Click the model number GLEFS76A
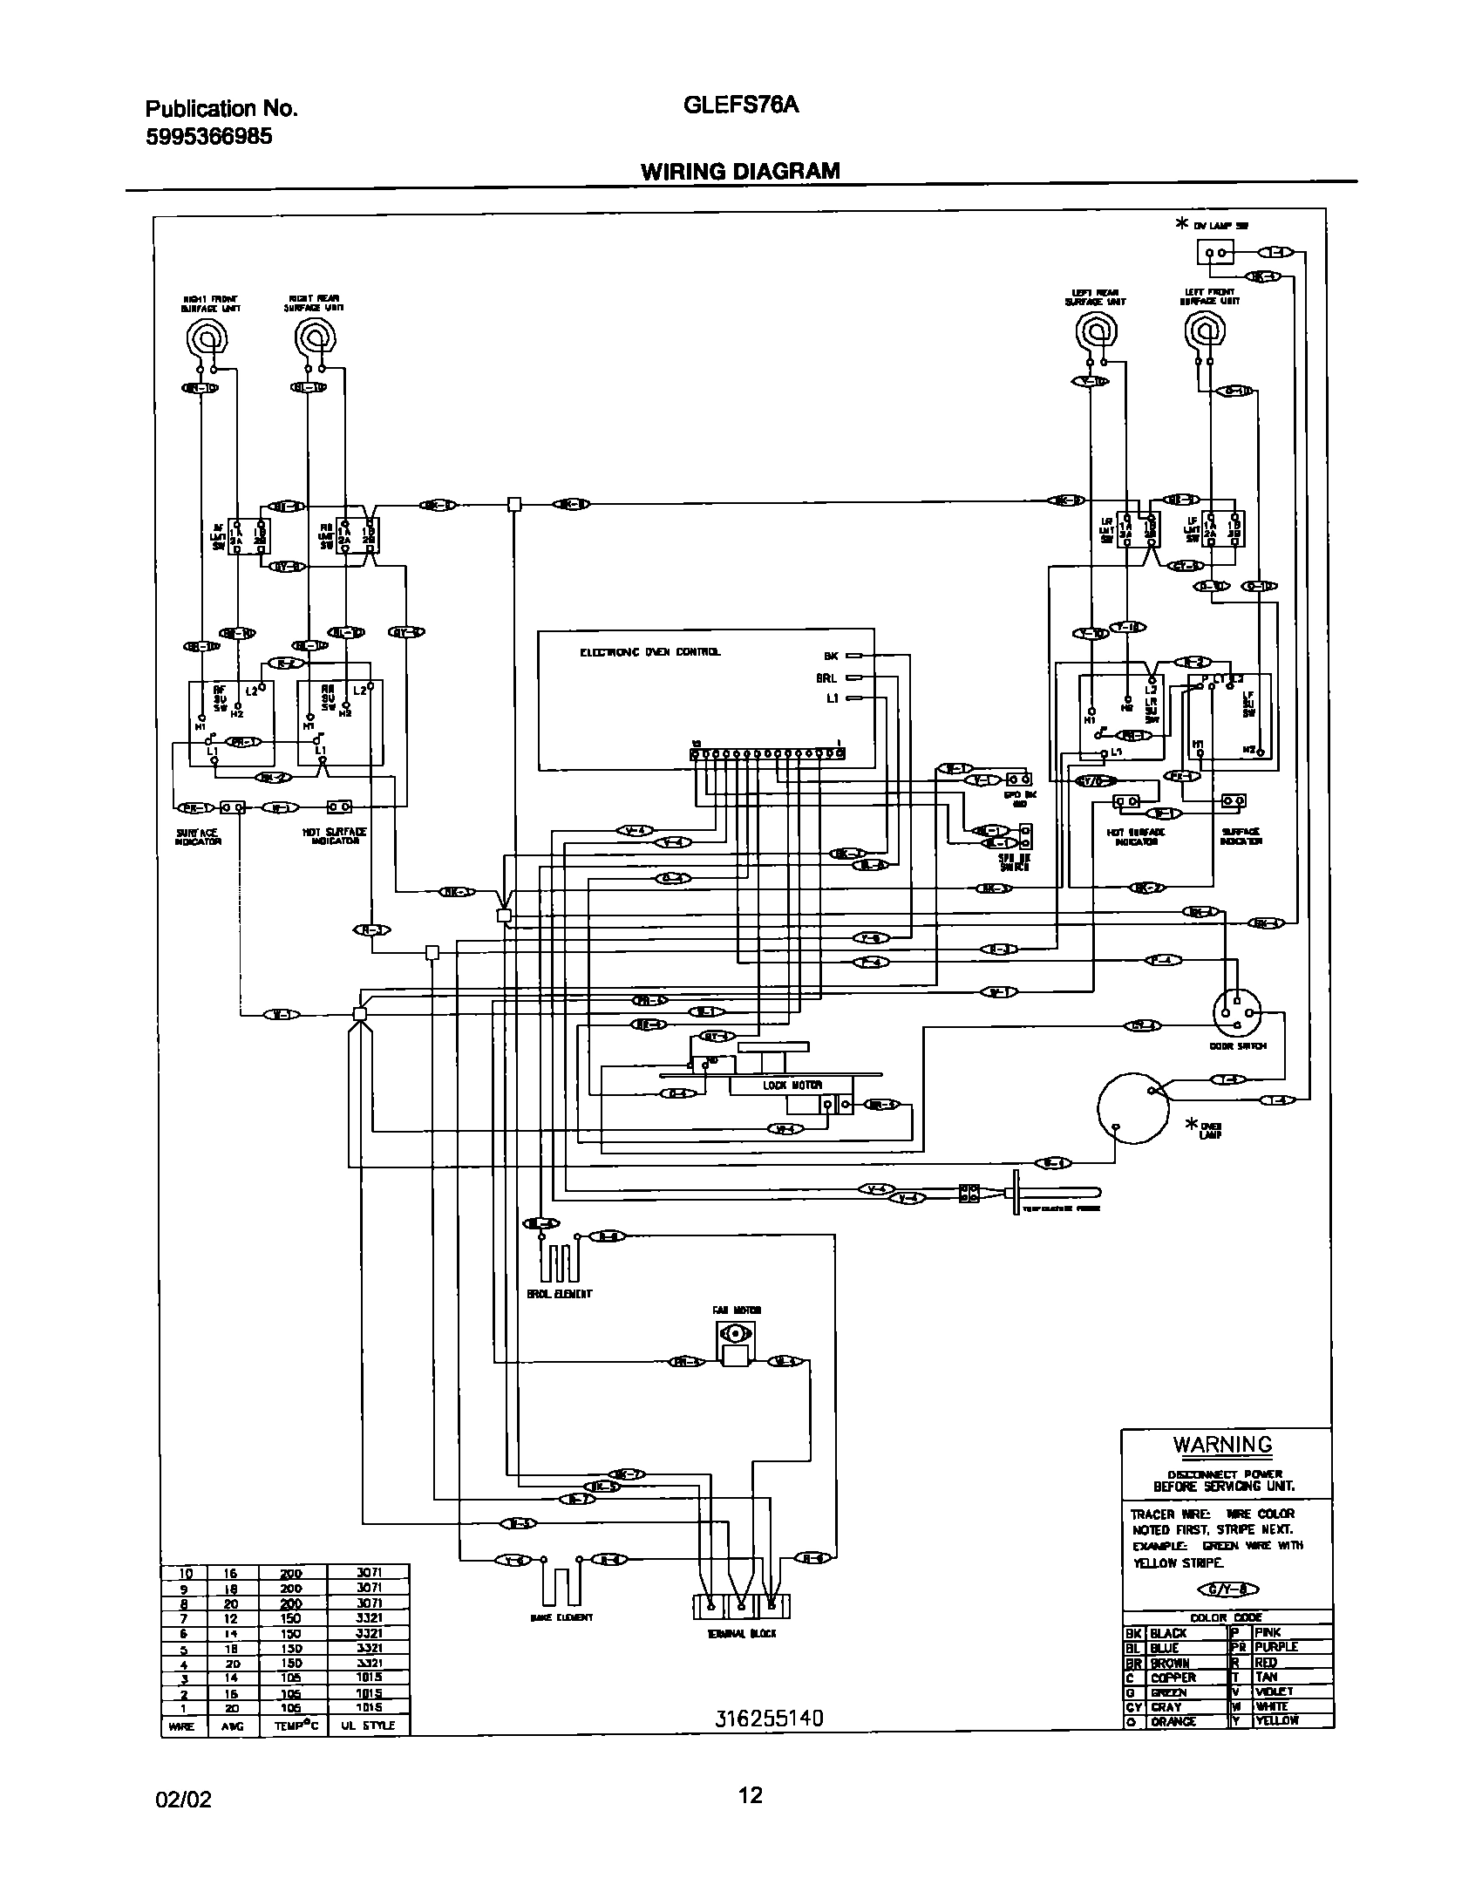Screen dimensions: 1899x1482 coord(741,105)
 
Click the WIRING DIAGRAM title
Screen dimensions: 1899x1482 coord(740,171)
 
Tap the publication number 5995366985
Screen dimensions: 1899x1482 coord(208,136)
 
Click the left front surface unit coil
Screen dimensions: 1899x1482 coord(1205,331)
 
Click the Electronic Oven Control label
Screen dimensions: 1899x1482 coord(650,652)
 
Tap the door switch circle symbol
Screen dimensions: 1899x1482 coord(1237,1012)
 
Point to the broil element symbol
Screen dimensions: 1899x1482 coord(559,1262)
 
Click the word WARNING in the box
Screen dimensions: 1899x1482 coord(1222,1445)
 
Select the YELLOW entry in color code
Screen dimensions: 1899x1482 coord(1276,1721)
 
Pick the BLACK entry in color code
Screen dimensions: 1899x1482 coord(1168,1632)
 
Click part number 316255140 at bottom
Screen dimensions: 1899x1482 coord(769,1719)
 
